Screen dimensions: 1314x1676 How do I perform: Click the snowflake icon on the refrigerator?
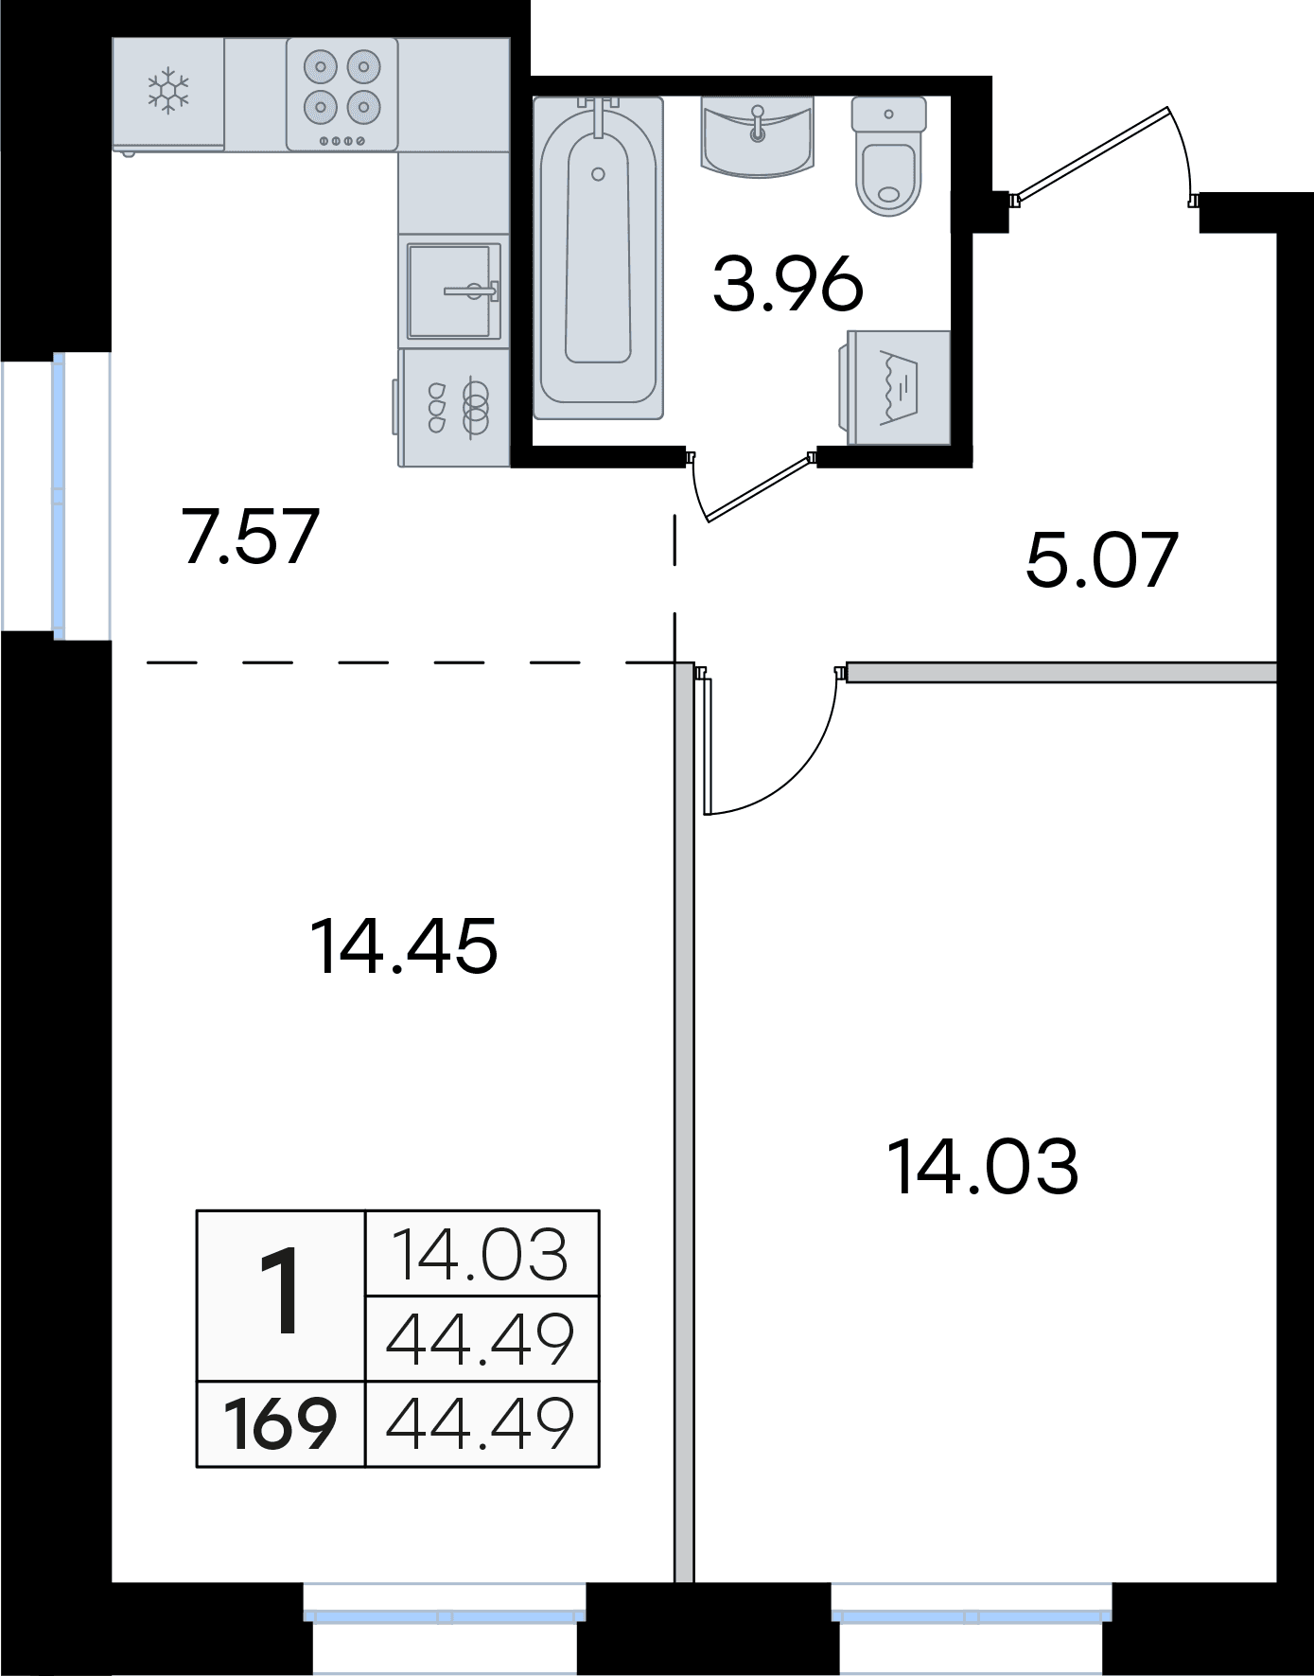point(168,91)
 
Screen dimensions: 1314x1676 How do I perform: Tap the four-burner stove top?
point(342,94)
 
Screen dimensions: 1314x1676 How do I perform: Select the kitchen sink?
point(453,290)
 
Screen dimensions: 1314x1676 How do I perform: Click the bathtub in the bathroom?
point(598,258)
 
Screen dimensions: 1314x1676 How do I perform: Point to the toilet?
point(888,156)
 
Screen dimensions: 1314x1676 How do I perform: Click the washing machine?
point(897,387)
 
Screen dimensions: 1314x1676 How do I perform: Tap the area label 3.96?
point(788,284)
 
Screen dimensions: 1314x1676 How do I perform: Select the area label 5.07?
point(1102,559)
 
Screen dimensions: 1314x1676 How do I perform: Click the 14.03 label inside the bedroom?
point(984,1167)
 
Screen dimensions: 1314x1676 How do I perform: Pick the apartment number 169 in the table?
point(280,1425)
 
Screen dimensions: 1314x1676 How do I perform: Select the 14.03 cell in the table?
point(481,1253)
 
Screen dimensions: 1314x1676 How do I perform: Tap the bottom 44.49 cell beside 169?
point(481,1424)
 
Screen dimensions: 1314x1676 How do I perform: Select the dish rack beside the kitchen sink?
point(453,408)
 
